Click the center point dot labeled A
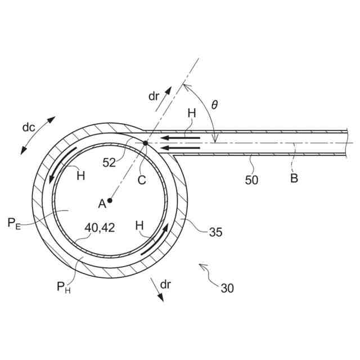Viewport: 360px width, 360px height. pos(110,200)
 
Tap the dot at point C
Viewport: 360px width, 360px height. pos(145,143)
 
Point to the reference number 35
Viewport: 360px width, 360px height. pos(215,231)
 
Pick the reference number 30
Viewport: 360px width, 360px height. pos(227,289)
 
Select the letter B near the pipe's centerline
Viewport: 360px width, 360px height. pos(294,179)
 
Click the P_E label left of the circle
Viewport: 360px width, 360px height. pos(15,223)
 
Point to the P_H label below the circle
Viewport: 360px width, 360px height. pos(64,287)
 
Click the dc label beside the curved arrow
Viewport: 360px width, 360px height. pos(29,127)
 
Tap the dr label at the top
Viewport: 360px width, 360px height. pos(154,96)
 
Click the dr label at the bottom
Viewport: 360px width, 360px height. pos(165,285)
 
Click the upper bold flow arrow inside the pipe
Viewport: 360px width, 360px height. pos(180,137)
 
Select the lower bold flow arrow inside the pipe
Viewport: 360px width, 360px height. pos(180,148)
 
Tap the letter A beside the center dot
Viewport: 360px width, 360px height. pos(102,205)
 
